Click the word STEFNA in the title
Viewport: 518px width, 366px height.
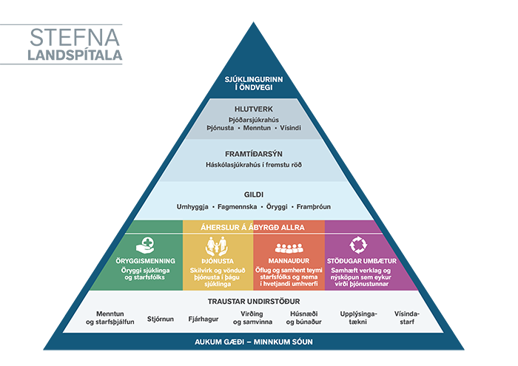(75, 38)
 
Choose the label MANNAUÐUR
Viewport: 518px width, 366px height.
(288, 261)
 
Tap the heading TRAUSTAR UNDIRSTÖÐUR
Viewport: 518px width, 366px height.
(254, 301)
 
